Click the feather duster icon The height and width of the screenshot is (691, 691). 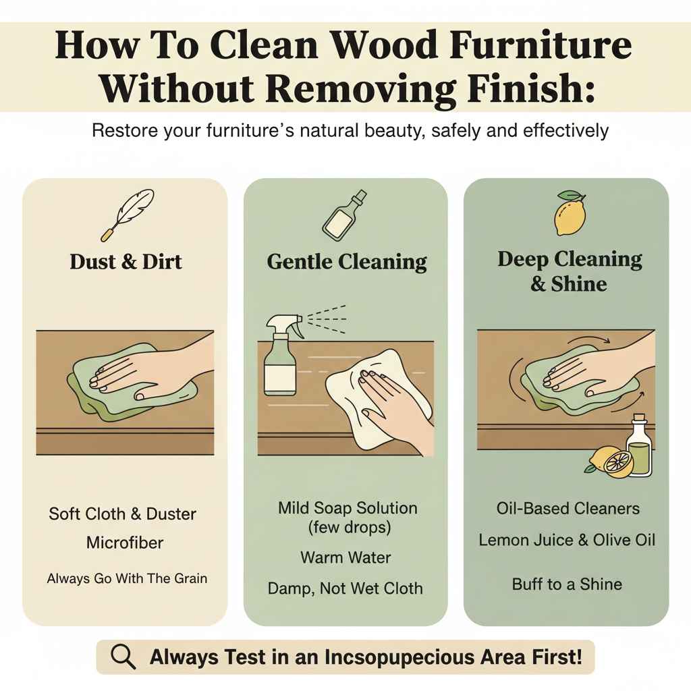126,214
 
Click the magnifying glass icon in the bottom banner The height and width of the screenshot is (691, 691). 123,657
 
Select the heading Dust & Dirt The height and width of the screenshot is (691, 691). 126,262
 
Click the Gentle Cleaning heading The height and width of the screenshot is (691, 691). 347,262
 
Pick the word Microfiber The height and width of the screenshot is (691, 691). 125,543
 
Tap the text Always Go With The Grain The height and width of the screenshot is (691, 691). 127,578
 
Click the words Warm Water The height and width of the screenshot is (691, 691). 345,557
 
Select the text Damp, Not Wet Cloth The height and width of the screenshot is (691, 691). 345,588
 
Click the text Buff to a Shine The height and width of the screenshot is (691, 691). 567,584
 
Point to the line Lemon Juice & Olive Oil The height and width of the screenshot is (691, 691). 567,540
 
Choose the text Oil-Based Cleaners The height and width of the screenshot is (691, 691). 568,508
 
